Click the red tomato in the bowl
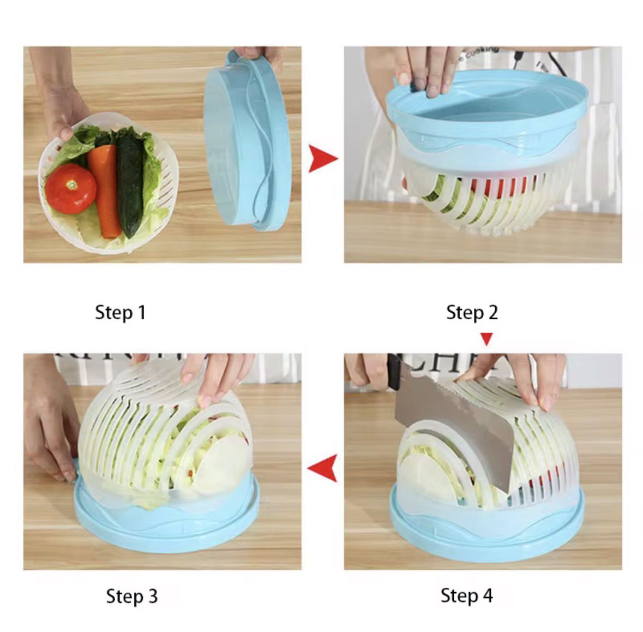tap(70, 189)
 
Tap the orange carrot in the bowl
tap(106, 188)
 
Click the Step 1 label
tap(121, 313)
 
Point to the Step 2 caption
tap(472, 313)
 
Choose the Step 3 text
tap(131, 596)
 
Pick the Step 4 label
tap(466, 595)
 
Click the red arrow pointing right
tap(322, 159)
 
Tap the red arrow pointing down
tap(486, 339)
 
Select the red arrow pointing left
tap(322, 468)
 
